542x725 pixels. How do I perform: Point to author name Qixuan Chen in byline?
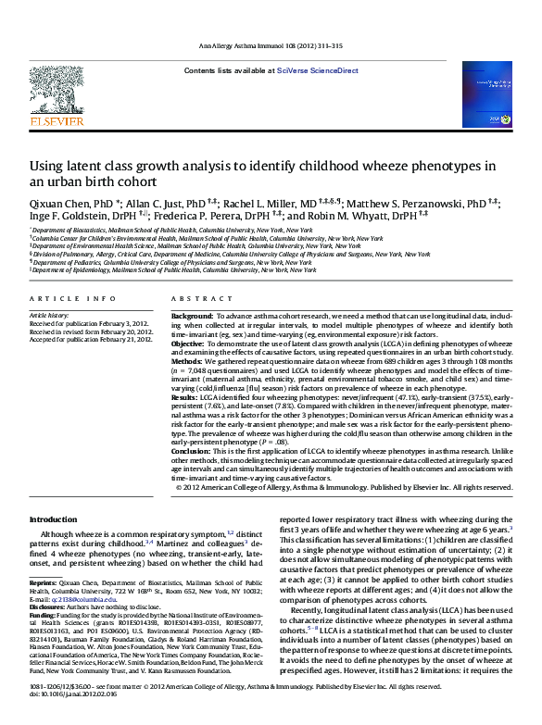coord(57,203)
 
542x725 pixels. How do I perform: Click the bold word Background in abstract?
coord(192,317)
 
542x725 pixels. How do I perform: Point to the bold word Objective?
coord(191,343)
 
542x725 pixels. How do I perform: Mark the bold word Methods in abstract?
coord(188,360)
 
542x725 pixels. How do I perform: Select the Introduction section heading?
coord(54,520)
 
